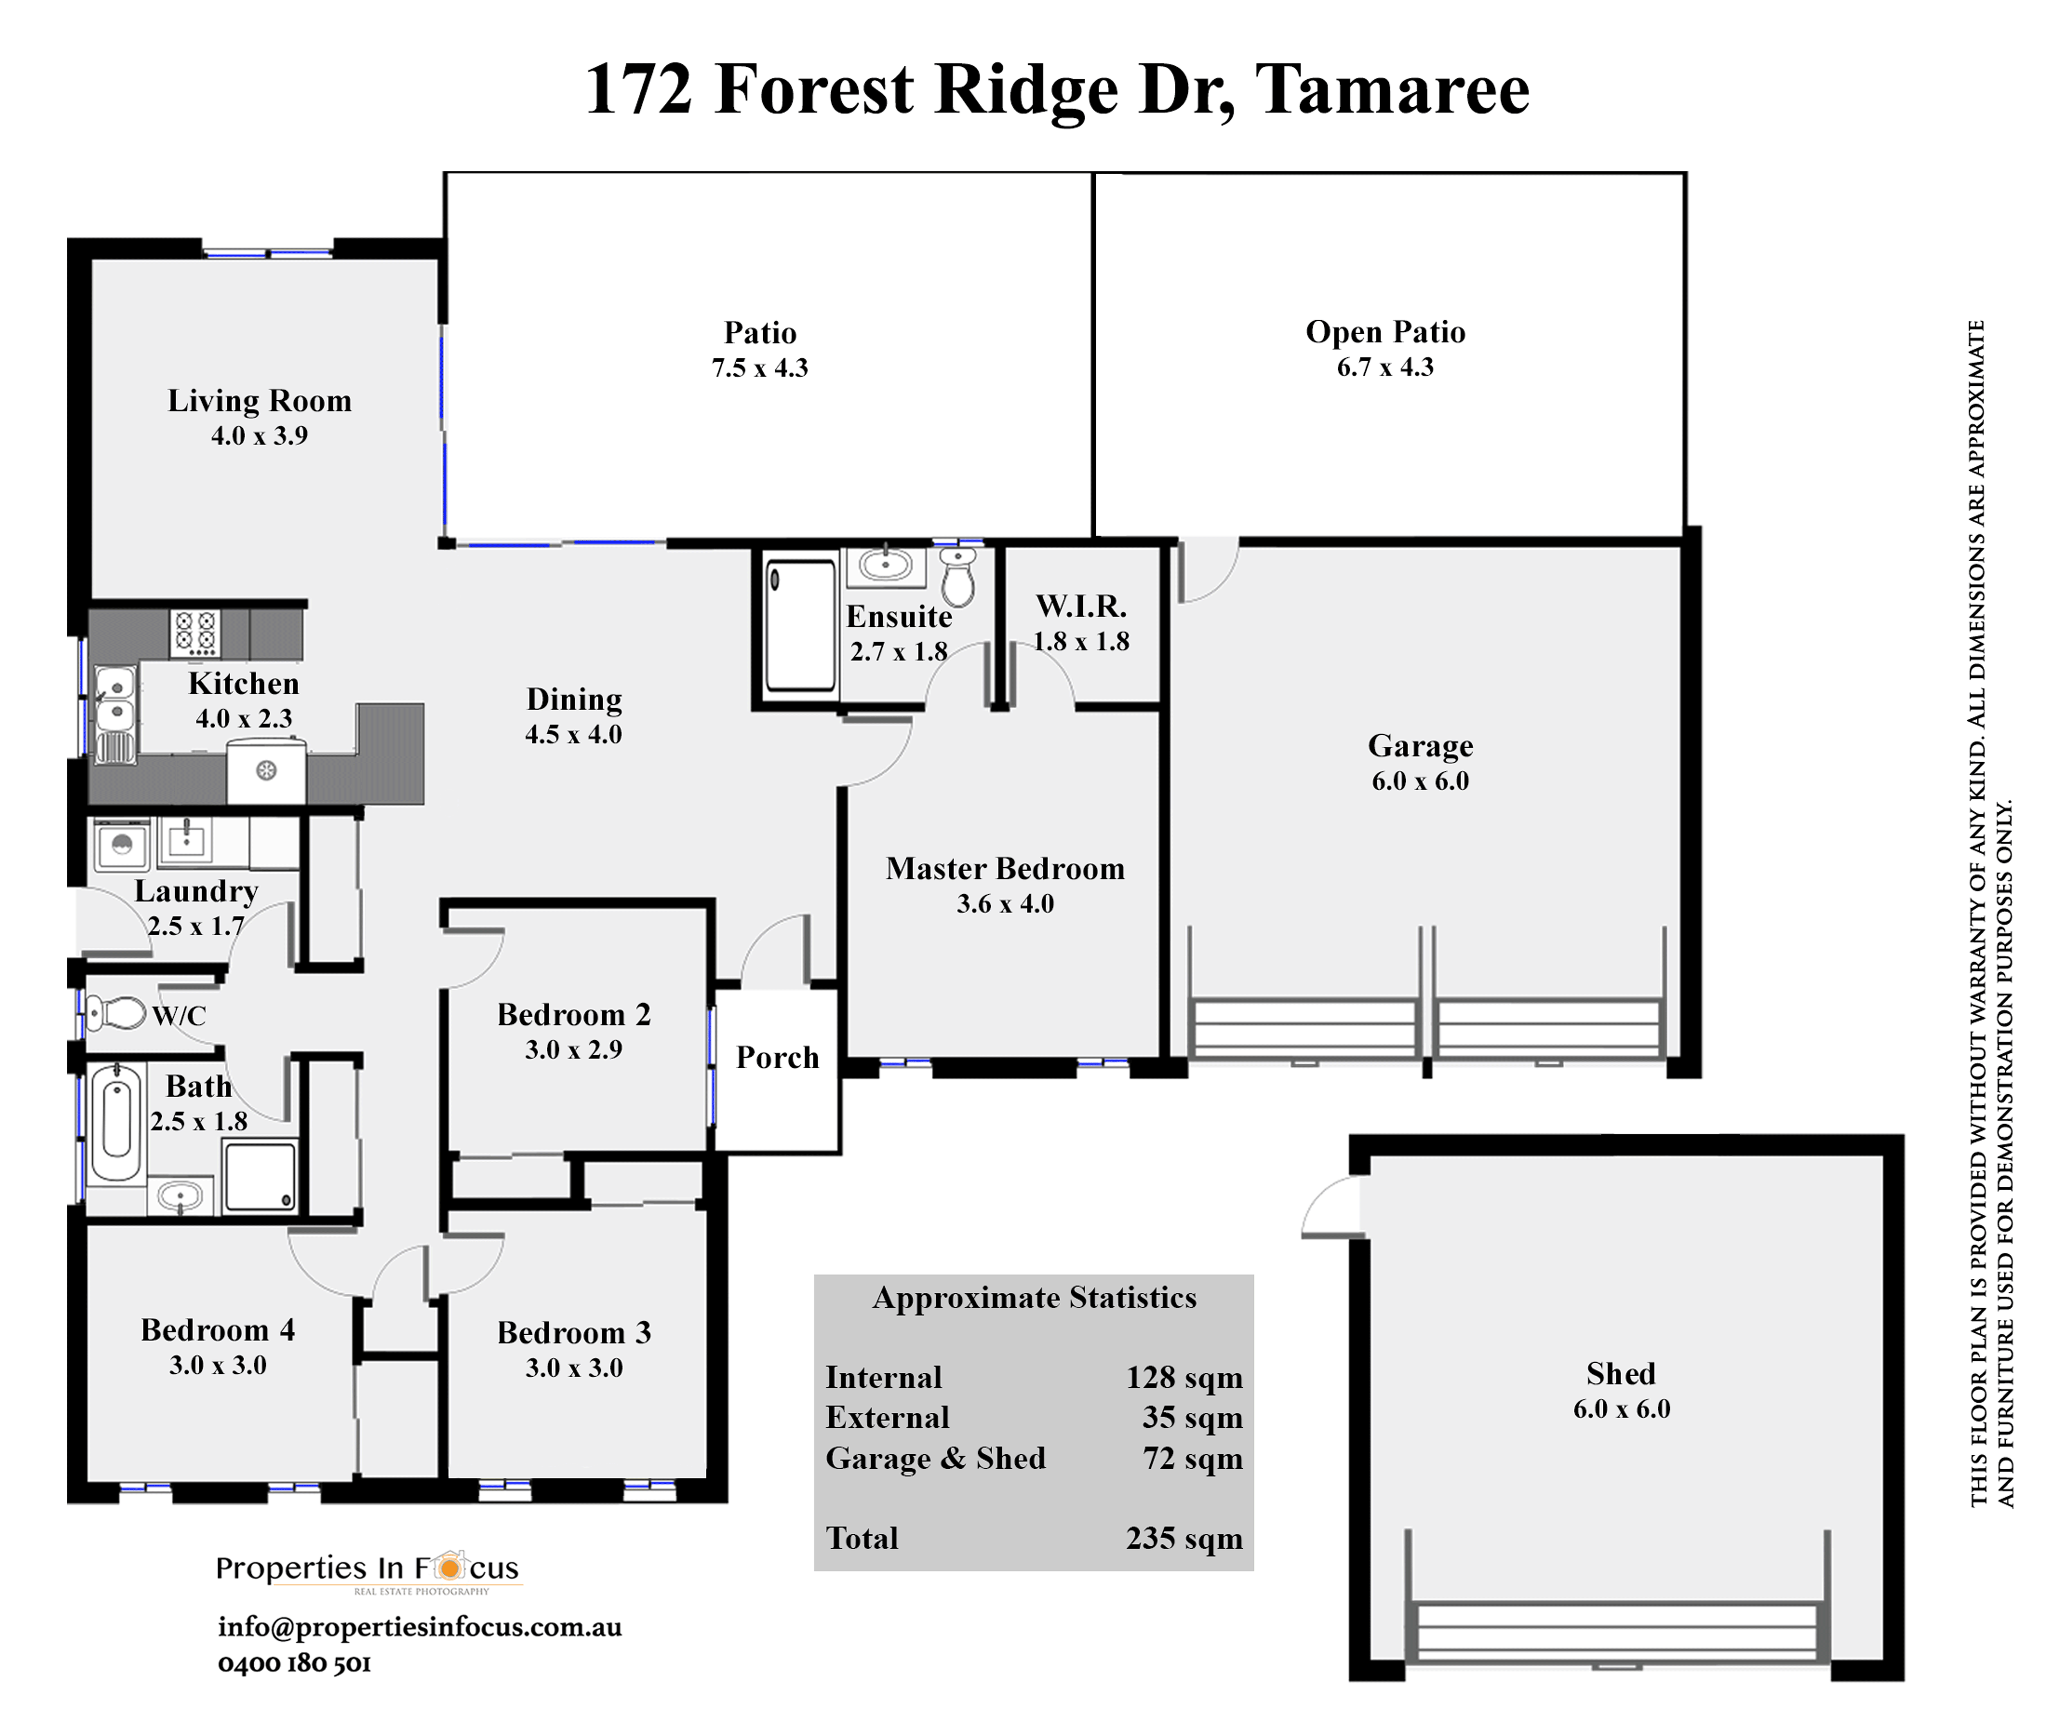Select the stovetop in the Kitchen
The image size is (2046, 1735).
195,632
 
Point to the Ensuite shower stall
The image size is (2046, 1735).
800,626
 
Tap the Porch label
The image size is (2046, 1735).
777,1058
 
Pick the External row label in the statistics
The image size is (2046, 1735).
887,1417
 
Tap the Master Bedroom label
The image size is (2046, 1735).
1004,869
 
